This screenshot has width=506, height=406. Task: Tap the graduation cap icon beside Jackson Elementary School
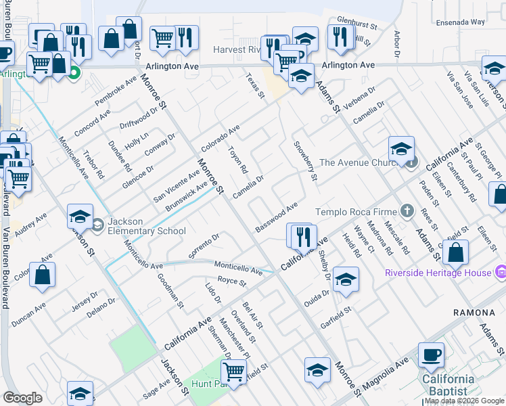[x=80, y=216]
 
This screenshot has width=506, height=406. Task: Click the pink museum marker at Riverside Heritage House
[x=501, y=273]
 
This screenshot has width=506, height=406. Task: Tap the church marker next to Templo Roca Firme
[x=407, y=211]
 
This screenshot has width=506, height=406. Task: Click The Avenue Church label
[x=362, y=162]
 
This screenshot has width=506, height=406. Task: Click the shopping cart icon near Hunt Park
[x=233, y=370]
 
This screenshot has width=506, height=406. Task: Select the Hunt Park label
[x=206, y=383]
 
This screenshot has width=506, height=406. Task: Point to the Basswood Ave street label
[x=277, y=217]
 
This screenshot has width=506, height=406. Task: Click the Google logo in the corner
[x=23, y=399]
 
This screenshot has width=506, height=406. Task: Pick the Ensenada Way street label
[x=461, y=22]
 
